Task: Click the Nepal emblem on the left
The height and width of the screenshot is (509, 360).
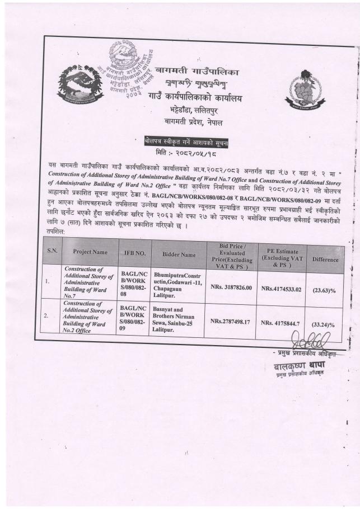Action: tap(80, 87)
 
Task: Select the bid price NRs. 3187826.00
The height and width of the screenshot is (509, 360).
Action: tap(231, 288)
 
